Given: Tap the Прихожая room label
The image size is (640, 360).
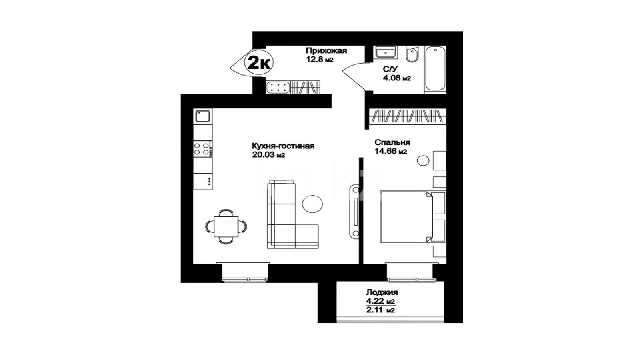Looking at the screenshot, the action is coord(326,51).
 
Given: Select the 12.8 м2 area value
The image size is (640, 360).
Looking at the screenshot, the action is coord(320,60).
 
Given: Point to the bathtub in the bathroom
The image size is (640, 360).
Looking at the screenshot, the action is coord(435,69).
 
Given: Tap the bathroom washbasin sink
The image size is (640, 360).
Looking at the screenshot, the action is coord(386,52).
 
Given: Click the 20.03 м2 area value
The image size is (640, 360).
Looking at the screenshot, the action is coord(268,155).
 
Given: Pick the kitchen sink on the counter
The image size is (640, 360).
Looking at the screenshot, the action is coord(202,116).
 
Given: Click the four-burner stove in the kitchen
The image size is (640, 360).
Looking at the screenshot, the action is coord(202,149).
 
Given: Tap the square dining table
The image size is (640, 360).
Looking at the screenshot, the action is coord(226,226).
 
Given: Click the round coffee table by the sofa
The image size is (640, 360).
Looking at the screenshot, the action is coord(312,204).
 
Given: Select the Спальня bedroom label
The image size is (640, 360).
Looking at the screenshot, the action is coord(392,142).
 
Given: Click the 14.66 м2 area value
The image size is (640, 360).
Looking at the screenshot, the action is coord(390,152).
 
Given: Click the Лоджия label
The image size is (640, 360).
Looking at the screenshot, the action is coord(382,292).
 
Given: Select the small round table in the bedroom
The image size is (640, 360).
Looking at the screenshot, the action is coord(423,160).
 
